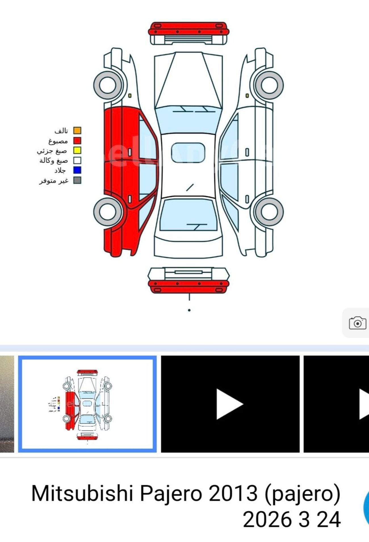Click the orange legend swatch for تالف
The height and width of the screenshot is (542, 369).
[x=77, y=131]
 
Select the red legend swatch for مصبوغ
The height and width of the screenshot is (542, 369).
[x=77, y=140]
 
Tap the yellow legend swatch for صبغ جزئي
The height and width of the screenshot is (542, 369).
[x=77, y=150]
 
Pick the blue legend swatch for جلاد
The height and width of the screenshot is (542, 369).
[x=77, y=170]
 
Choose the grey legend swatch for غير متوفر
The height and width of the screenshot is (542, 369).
[x=77, y=180]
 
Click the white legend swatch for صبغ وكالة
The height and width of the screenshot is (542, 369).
[x=77, y=160]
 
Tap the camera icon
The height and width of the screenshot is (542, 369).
[x=357, y=323]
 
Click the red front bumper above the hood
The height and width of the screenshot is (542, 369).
[x=188, y=29]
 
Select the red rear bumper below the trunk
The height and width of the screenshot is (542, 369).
[x=188, y=286]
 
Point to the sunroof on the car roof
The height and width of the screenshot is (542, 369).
[x=188, y=153]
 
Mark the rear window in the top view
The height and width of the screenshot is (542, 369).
[x=188, y=215]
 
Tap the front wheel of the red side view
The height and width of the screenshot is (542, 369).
[x=108, y=85]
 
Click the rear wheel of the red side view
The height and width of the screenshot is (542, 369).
[x=108, y=212]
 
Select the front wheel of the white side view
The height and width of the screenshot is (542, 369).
[x=269, y=85]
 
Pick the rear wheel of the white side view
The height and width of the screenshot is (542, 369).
[x=269, y=212]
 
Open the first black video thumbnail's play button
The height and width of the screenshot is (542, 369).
[x=229, y=404]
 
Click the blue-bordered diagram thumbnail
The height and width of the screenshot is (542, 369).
[x=87, y=404]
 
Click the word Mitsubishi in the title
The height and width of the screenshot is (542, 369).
[x=82, y=494]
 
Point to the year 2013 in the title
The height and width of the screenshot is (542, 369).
[x=233, y=494]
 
